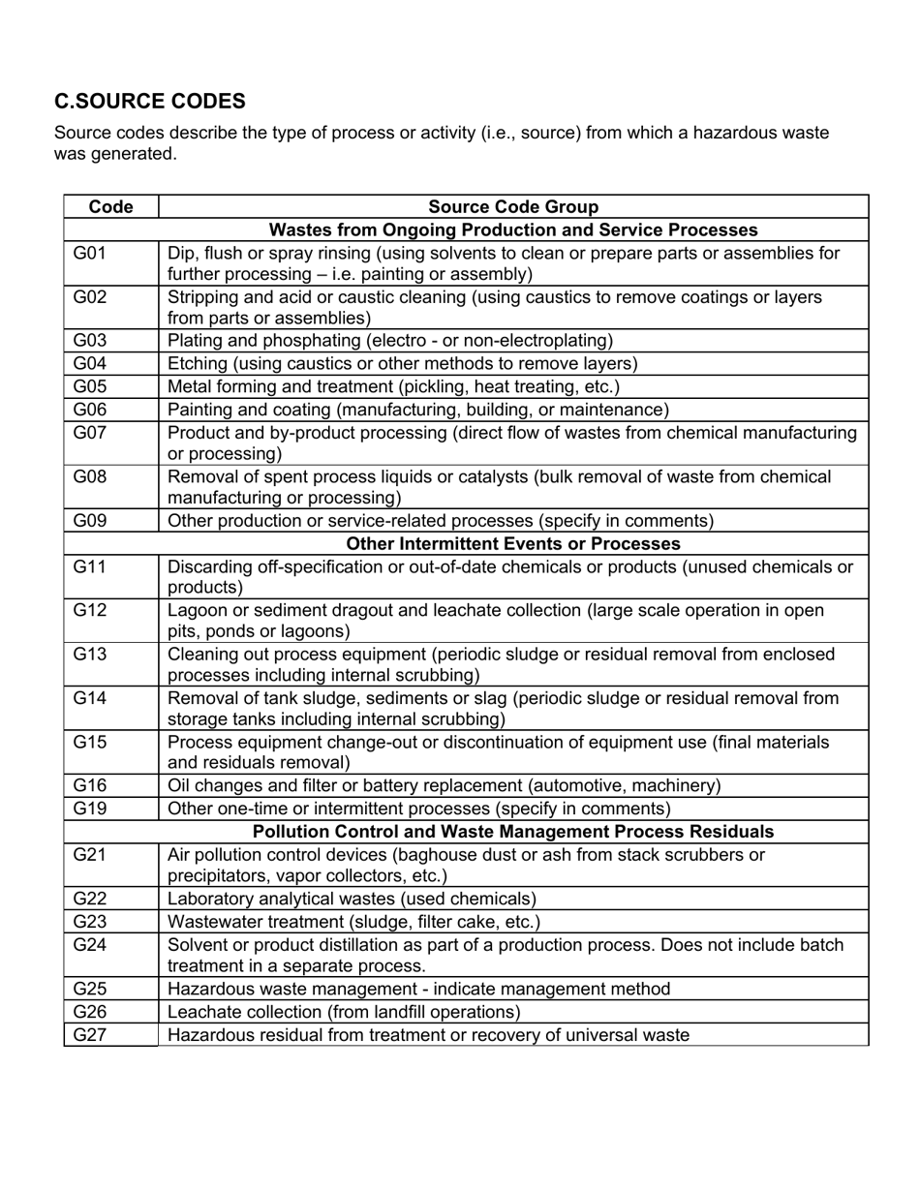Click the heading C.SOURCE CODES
(150, 102)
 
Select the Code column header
(110, 207)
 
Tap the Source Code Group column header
(513, 207)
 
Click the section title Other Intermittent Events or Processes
(513, 543)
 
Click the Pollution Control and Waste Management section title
(513, 832)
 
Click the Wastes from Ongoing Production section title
(513, 230)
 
